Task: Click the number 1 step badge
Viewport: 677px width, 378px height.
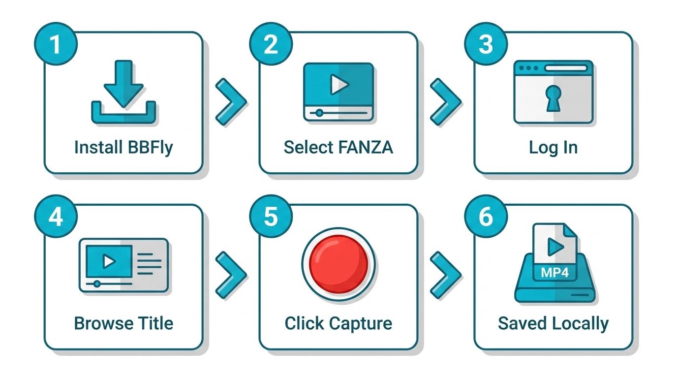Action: click(56, 44)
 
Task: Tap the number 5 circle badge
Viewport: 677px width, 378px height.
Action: click(271, 217)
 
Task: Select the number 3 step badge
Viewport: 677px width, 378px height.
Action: click(486, 44)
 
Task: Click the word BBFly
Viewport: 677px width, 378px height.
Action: click(150, 148)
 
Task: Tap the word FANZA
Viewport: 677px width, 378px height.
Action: click(366, 148)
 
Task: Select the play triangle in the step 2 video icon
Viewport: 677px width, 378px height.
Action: click(339, 84)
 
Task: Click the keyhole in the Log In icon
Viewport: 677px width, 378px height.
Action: click(554, 98)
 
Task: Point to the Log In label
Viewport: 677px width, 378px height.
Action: click(553, 148)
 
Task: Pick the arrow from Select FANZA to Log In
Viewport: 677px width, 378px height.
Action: click(446, 102)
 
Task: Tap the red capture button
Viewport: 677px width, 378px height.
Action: click(338, 264)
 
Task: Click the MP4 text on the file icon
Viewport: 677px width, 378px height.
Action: click(554, 273)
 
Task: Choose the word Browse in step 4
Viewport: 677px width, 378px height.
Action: click(102, 323)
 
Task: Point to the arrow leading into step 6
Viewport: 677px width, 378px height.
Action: click(446, 275)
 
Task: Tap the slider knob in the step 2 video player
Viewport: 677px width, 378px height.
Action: click(319, 113)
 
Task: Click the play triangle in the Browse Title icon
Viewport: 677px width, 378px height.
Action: click(109, 261)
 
